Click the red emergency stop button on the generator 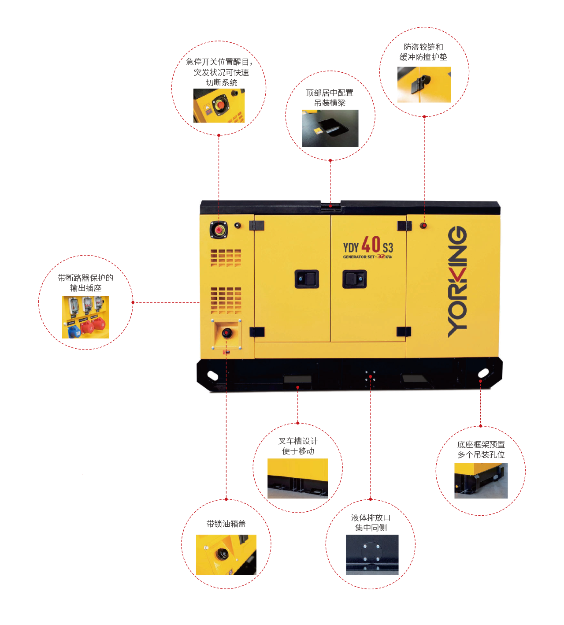(x=219, y=230)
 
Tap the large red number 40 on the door (x=371, y=244)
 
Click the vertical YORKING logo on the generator (x=458, y=282)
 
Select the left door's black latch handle (x=307, y=279)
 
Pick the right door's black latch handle (x=354, y=279)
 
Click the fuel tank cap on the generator (x=227, y=333)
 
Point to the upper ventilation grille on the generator (x=226, y=258)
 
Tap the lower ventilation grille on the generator (x=226, y=300)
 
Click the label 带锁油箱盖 (x=226, y=524)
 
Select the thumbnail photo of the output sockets (x=85, y=317)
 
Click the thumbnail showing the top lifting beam (x=330, y=128)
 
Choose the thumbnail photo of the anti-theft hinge (x=424, y=85)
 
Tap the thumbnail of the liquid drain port (x=372, y=554)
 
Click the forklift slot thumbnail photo (x=297, y=478)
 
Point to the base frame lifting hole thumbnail (x=481, y=480)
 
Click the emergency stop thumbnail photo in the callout (x=219, y=106)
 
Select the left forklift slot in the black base (x=297, y=379)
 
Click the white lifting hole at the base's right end (x=483, y=374)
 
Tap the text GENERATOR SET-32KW (x=367, y=257)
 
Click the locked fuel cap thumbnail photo (x=226, y=554)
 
